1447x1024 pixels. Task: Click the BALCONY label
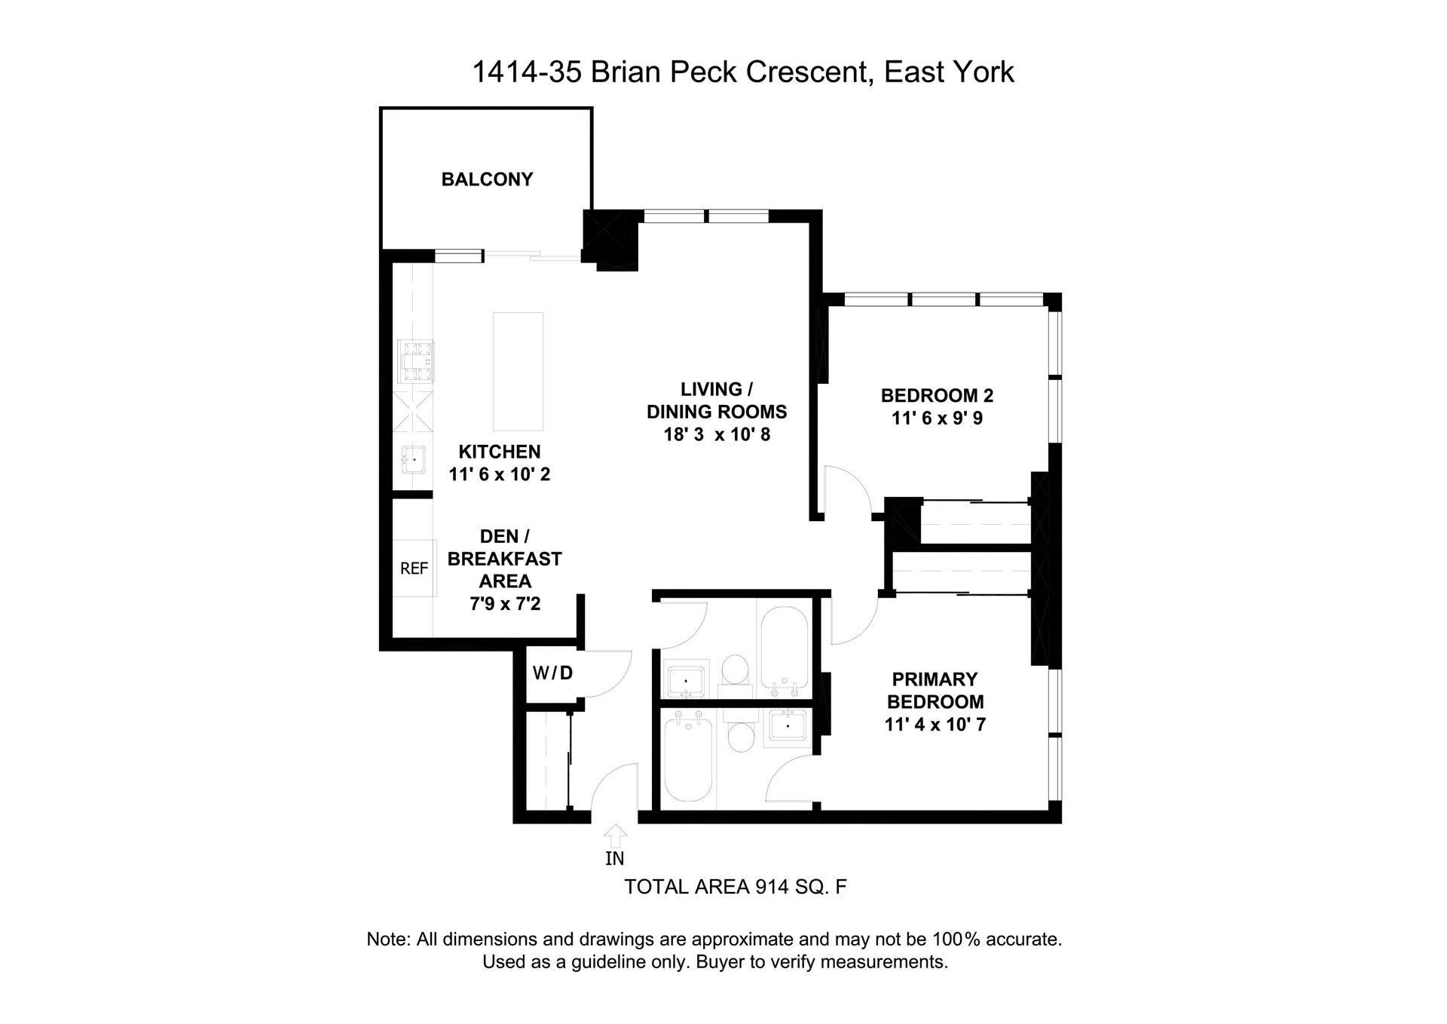tap(487, 179)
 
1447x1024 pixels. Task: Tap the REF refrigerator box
tap(414, 569)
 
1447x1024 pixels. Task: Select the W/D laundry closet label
tap(552, 673)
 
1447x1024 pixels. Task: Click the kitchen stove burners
tap(417, 362)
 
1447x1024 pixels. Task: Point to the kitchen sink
tap(413, 459)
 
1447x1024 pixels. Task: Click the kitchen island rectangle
tap(518, 371)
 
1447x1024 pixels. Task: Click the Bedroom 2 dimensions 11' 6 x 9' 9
tap(937, 418)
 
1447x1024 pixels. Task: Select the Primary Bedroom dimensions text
tap(935, 725)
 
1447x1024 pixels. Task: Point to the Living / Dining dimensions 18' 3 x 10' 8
tap(717, 434)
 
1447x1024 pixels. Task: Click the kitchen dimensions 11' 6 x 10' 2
tap(500, 474)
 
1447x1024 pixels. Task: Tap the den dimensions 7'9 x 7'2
tap(505, 604)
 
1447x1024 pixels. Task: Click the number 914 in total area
tap(772, 888)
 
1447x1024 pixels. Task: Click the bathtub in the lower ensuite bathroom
tap(688, 758)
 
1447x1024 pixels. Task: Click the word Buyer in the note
tap(719, 962)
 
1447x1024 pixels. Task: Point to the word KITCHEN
tap(500, 452)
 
